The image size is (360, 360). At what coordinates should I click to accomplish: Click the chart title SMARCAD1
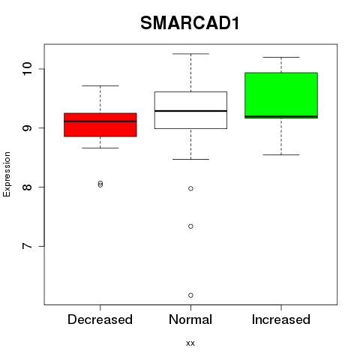click(x=190, y=23)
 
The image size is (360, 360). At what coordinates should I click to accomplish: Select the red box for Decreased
click(x=100, y=124)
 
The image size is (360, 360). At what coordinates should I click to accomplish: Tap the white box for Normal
click(x=190, y=110)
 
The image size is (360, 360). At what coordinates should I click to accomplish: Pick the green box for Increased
click(x=281, y=95)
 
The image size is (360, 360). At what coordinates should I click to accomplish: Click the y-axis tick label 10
click(x=27, y=69)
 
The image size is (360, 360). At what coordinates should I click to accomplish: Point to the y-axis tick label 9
click(x=27, y=128)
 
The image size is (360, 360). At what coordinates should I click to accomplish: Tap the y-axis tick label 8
click(x=27, y=187)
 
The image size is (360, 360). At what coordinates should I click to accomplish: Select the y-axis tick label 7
click(x=27, y=246)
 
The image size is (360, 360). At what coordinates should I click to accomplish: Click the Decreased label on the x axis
click(x=100, y=319)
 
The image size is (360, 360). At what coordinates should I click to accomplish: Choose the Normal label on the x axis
click(x=190, y=319)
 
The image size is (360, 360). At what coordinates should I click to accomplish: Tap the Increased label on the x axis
click(x=281, y=319)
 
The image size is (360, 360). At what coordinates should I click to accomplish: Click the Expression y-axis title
click(x=7, y=174)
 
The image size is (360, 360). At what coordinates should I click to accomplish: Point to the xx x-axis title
click(x=190, y=343)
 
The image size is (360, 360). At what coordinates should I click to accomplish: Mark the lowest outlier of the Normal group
click(x=190, y=295)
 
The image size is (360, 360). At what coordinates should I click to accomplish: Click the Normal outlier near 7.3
click(x=190, y=226)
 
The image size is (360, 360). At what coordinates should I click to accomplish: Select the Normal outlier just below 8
click(x=190, y=188)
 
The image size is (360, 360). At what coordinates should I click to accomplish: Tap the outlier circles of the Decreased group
click(x=100, y=184)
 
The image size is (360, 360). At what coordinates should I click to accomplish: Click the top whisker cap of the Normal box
click(x=190, y=54)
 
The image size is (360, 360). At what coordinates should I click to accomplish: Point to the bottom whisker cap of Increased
click(x=281, y=154)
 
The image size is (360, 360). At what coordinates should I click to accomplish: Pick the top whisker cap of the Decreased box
click(x=100, y=85)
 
